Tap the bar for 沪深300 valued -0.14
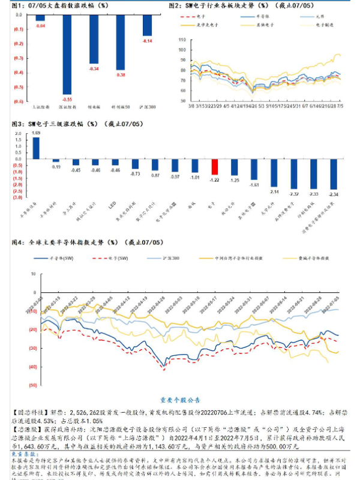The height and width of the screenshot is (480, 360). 147,26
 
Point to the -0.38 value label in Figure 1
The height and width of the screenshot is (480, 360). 121,75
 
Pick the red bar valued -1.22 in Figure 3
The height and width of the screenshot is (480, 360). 214,167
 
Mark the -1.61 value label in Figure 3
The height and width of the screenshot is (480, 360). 254,185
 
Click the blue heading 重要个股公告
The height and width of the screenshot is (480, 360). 179,400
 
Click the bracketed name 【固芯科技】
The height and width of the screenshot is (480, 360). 29,413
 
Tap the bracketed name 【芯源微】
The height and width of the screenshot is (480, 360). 26,430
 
